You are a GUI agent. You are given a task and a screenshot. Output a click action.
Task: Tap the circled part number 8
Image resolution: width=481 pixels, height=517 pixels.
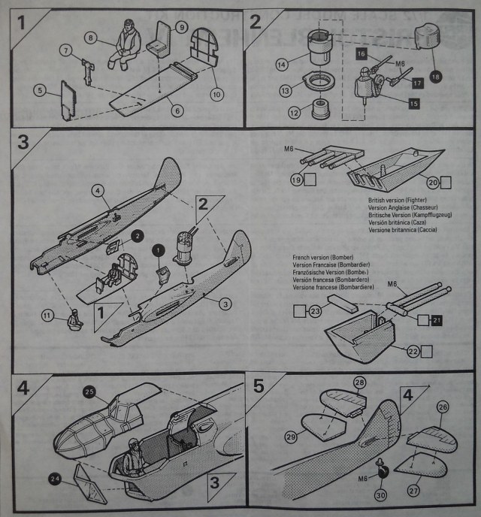[x=91, y=36]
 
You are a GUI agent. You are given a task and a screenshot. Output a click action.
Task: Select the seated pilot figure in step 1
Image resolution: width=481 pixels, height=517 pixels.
[x=125, y=46]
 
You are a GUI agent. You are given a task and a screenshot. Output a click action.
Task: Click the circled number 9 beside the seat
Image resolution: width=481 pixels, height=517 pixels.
[x=181, y=27]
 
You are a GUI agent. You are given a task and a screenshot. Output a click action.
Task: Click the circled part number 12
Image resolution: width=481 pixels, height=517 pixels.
[x=294, y=113]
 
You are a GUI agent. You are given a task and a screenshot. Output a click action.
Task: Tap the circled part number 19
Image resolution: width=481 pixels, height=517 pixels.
[x=297, y=180]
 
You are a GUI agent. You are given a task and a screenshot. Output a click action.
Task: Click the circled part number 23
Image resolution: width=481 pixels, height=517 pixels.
[x=316, y=309]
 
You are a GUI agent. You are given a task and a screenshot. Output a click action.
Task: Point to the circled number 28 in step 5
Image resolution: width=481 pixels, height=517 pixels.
[x=359, y=384]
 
